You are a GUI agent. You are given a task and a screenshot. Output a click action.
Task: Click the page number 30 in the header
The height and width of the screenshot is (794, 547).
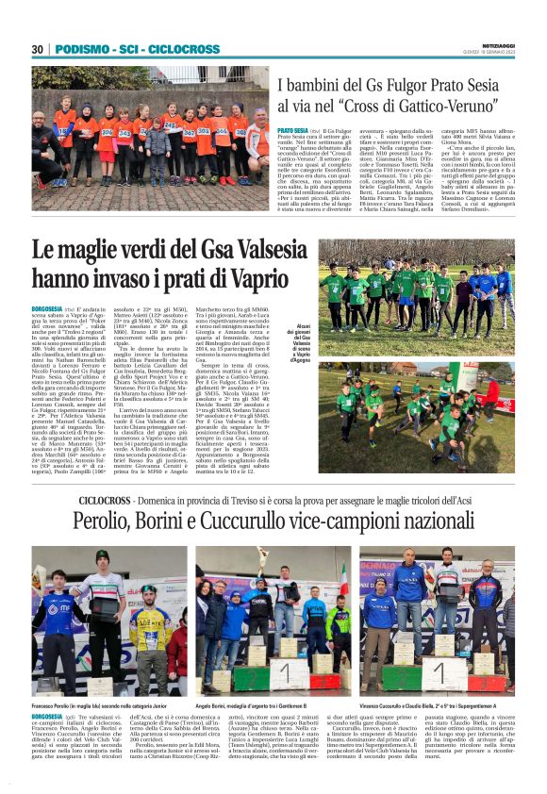coord(37,49)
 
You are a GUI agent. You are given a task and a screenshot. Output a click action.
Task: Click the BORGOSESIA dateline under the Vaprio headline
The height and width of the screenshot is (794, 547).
coord(48,308)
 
